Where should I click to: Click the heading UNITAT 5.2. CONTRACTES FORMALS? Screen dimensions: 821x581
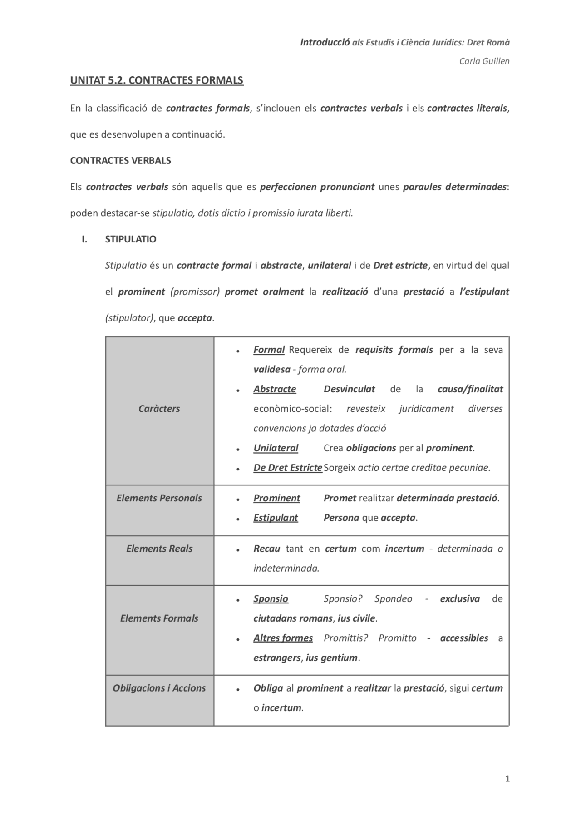pos(157,80)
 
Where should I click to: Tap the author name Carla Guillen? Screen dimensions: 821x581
pos(484,61)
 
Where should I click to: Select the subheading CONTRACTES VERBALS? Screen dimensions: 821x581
pos(120,160)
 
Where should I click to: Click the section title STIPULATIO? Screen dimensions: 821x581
pos(131,239)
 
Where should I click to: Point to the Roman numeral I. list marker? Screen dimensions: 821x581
pos(84,239)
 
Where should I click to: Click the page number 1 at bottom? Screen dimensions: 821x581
pos(507,779)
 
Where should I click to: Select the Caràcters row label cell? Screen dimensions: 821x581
pos(159,409)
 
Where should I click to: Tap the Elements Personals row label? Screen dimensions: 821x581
pos(159,498)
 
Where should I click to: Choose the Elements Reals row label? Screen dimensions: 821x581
pos(159,549)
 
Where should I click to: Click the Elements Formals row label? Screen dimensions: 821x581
pos(159,618)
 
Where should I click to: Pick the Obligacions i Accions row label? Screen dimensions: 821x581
pos(159,688)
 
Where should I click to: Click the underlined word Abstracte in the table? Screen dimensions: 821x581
pos(275,389)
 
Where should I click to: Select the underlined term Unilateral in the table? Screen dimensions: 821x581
pos(276,448)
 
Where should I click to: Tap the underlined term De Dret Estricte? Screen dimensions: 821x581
pos(288,468)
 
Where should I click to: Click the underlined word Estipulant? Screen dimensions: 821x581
pos(276,518)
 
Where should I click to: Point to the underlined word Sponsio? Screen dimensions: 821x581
pos(271,598)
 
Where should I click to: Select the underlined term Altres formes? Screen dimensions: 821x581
pos(283,638)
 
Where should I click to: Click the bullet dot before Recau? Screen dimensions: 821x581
pos(238,549)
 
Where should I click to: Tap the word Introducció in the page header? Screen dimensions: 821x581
pos(325,42)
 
